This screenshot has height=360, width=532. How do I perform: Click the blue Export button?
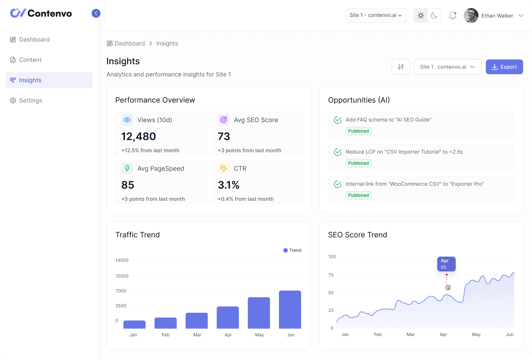tap(504, 67)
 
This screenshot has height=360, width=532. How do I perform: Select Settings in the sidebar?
tap(30, 100)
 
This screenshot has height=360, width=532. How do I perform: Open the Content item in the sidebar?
tap(30, 60)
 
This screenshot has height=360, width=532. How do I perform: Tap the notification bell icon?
tap(452, 16)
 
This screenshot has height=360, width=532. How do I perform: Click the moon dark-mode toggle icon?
tap(434, 16)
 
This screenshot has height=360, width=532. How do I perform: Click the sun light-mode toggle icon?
tap(420, 16)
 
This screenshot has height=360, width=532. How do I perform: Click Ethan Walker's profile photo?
tap(471, 16)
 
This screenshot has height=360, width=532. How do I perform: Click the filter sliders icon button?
tap(400, 67)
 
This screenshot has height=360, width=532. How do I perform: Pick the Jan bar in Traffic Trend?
tap(134, 325)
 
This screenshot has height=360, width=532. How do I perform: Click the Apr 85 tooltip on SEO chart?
tap(446, 264)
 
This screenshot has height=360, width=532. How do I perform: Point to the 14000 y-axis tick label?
tap(122, 260)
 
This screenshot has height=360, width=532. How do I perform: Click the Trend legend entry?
tap(292, 250)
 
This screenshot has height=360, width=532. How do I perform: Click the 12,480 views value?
tap(139, 137)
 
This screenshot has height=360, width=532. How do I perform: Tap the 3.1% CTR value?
tap(228, 185)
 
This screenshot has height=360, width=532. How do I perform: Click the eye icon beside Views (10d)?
tap(127, 120)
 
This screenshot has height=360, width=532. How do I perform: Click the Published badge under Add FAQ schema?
tap(358, 131)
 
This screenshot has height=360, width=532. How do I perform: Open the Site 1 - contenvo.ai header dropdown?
tap(376, 16)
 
